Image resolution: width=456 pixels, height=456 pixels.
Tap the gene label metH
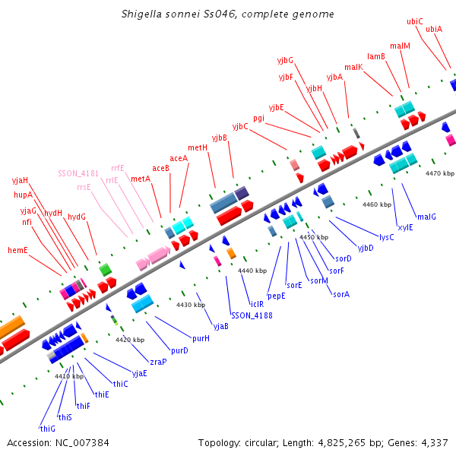coord(198,147)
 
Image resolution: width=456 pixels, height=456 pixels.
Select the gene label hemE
coord(17,249)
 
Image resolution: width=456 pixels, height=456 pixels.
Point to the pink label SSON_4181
coord(78,173)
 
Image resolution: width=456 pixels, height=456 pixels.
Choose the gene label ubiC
coord(415,21)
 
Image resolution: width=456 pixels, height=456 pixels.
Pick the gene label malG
coord(426,217)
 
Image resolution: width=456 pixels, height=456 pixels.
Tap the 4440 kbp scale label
coord(252,271)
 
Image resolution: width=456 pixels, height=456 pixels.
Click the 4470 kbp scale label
coord(439,173)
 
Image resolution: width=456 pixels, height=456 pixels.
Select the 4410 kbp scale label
coord(68,375)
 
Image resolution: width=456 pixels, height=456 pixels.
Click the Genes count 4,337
coord(433,442)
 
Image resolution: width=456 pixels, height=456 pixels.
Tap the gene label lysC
coord(386,237)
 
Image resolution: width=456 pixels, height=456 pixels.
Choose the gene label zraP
coord(158,362)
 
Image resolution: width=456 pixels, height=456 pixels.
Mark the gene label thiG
coord(47,428)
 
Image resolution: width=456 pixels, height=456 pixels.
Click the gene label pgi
coord(259,118)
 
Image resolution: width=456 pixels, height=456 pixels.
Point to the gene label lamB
coord(375,56)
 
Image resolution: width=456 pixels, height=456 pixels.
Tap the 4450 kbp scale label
coord(315,237)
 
